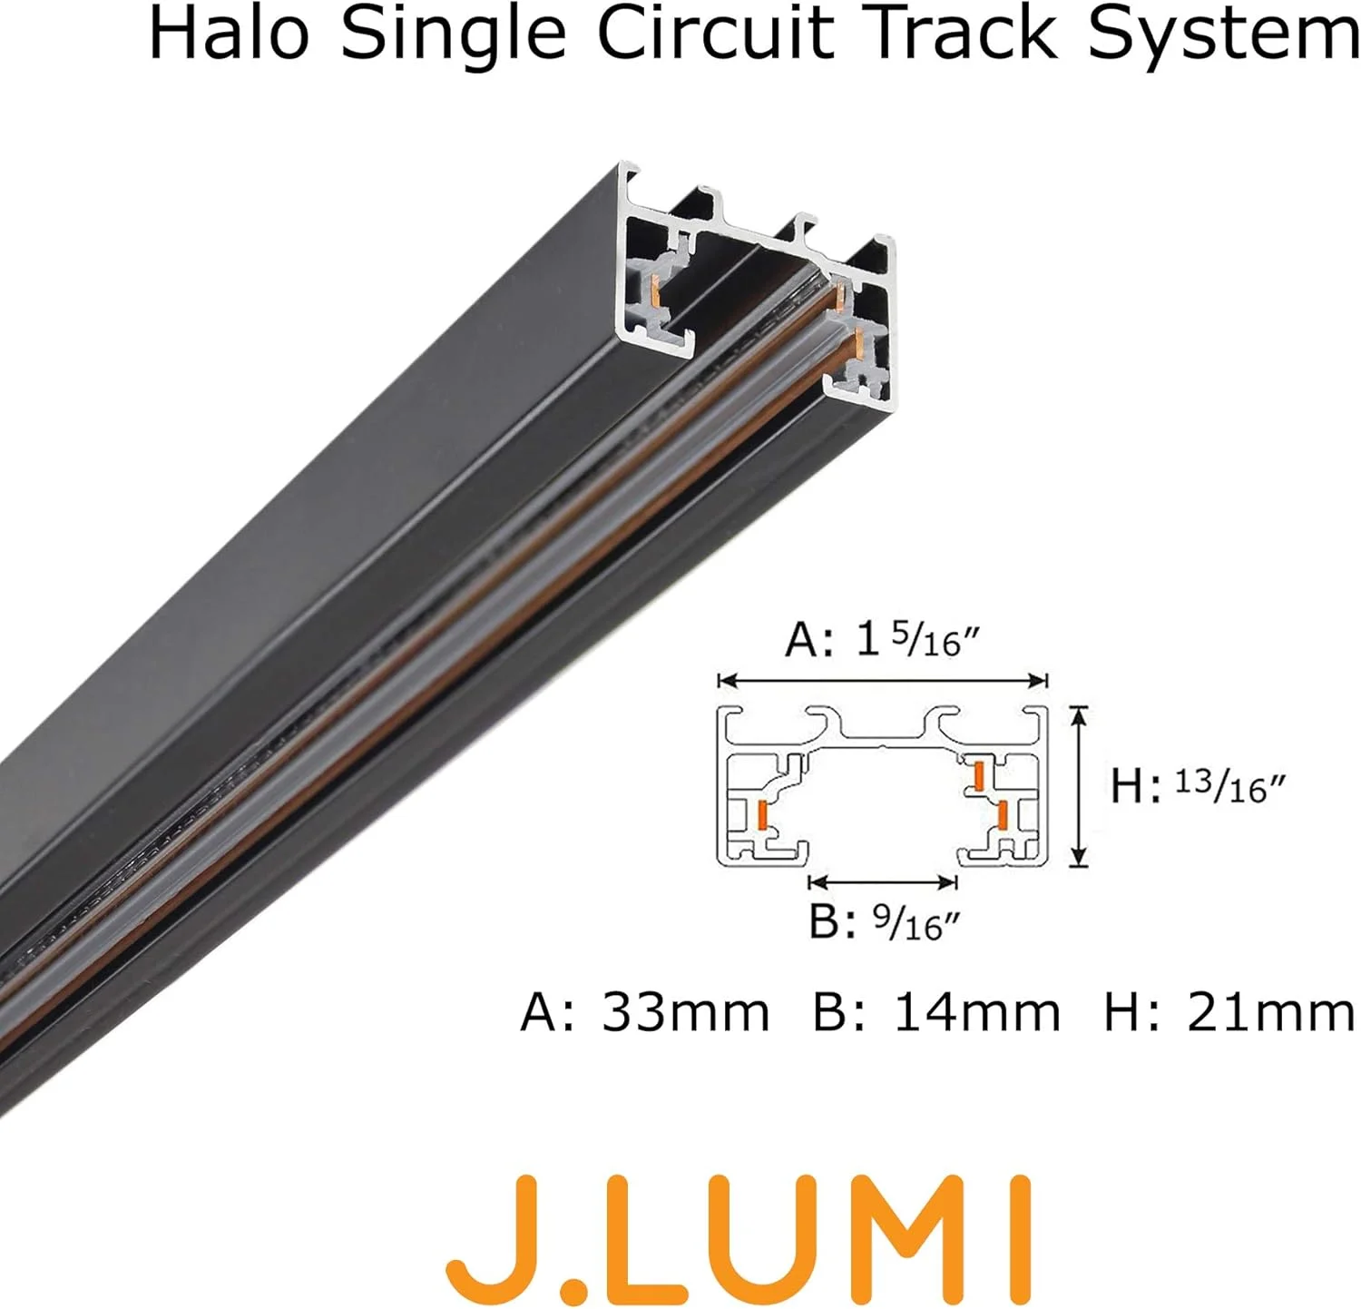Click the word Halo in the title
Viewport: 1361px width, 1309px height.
[x=228, y=34]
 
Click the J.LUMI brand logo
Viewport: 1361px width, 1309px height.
[x=739, y=1229]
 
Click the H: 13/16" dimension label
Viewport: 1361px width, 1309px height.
[x=1197, y=785]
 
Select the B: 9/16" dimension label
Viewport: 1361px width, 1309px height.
[x=884, y=922]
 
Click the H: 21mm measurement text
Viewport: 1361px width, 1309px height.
[x=1229, y=1011]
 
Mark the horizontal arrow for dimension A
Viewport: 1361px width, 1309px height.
[x=883, y=680]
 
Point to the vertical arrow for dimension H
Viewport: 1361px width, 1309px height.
[x=1078, y=786]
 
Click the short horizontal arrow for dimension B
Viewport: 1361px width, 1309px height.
[x=883, y=881]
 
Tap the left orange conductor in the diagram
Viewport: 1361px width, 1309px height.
[x=762, y=814]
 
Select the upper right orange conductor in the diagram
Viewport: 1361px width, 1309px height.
[x=979, y=775]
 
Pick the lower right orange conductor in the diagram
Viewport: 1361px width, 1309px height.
[x=1002, y=815]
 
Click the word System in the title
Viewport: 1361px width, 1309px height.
[x=1223, y=34]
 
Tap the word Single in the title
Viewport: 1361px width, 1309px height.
[x=454, y=34]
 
